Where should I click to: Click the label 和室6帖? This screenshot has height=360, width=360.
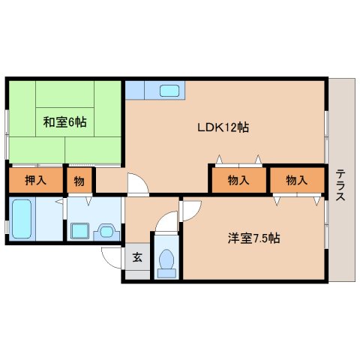64,121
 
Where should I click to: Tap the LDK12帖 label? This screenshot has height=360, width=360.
223,127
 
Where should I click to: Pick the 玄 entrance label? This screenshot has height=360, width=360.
137,257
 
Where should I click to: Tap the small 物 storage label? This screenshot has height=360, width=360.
79,180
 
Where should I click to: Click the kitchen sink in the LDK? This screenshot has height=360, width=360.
169,91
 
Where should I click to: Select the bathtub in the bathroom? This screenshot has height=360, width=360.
22,217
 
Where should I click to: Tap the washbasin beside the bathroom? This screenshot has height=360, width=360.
106,231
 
